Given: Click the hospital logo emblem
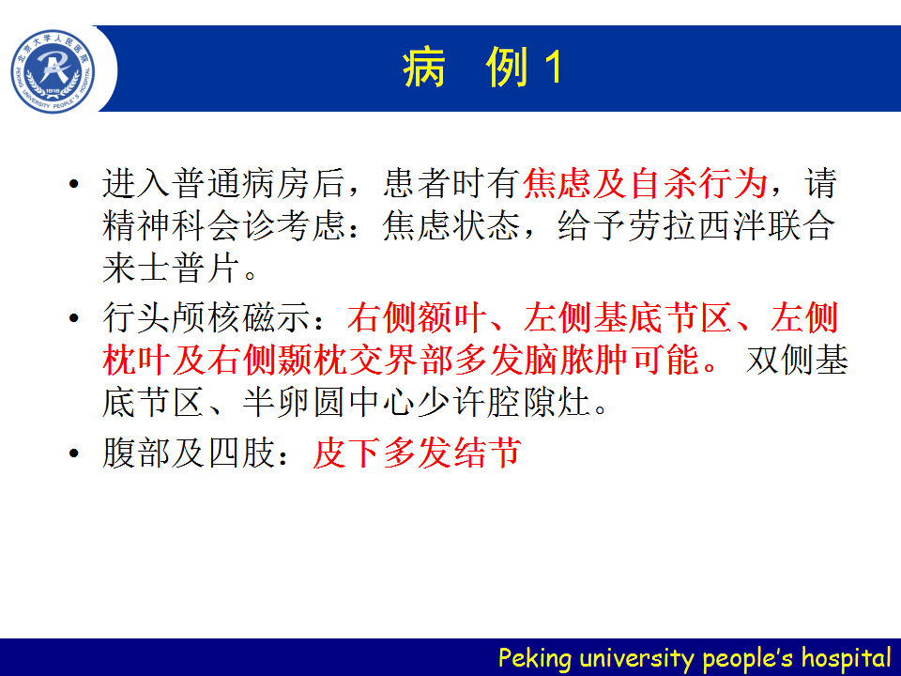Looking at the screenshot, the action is [x=53, y=71].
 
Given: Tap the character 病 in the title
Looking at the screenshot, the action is [x=424, y=68].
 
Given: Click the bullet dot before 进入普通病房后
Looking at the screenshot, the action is [x=73, y=184].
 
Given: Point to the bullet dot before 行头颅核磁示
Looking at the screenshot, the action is [x=73, y=318].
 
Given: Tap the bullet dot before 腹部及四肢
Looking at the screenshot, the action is [x=73, y=453].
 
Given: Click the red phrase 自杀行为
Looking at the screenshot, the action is [x=698, y=183].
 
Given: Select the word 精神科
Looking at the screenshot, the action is [x=155, y=225].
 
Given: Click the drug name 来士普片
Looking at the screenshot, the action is [x=172, y=268].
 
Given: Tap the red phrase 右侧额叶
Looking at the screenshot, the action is [x=417, y=318].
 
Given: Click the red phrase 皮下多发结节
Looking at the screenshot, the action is [x=417, y=453].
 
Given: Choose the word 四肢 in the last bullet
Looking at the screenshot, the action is [x=242, y=453].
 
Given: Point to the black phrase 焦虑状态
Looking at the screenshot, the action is [x=451, y=225].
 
